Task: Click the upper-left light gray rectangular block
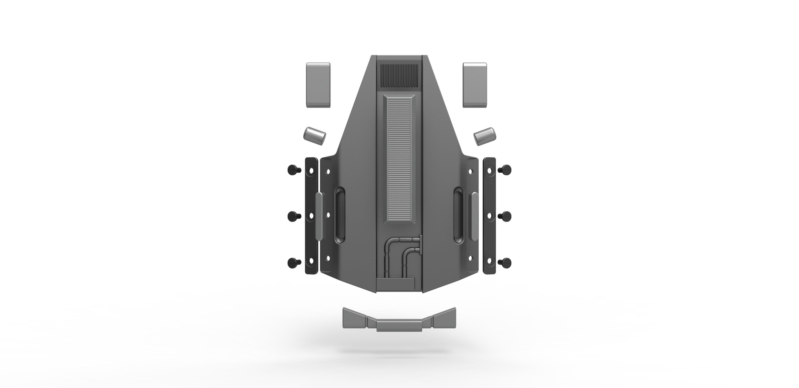(x=318, y=85)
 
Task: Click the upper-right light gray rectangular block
(x=475, y=85)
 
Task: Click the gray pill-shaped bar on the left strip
(x=319, y=216)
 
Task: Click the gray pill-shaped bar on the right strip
(x=475, y=216)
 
